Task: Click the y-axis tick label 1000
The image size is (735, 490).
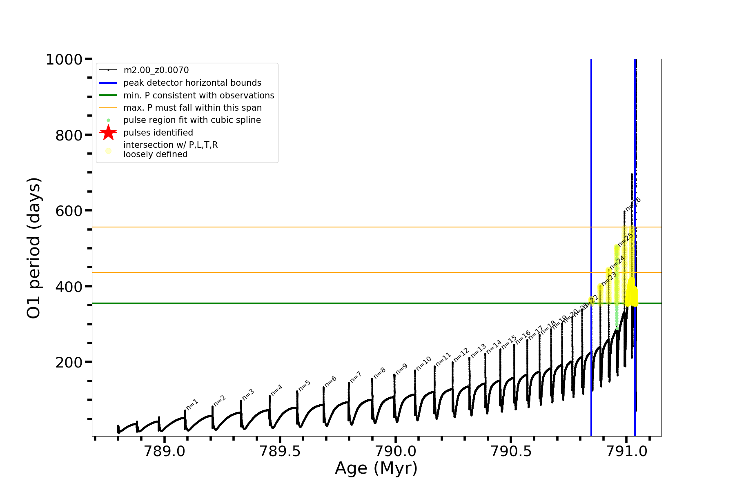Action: (x=64, y=60)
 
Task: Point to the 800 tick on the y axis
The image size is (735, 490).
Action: (x=69, y=136)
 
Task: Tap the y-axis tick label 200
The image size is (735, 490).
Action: (x=69, y=363)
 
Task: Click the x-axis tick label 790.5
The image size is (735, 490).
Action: (x=511, y=451)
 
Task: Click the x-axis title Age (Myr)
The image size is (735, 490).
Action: (x=376, y=468)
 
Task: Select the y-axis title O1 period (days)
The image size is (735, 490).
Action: (x=33, y=248)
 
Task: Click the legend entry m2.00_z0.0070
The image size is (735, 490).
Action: (x=156, y=70)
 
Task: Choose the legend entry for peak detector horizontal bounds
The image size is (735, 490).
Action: (x=192, y=83)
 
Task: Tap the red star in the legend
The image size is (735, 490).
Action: (x=108, y=133)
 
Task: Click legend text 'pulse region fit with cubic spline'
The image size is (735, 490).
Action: (x=192, y=120)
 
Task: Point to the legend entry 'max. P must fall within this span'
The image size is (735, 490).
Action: (x=192, y=108)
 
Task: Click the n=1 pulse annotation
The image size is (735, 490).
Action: (x=192, y=404)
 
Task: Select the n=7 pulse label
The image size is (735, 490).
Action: (x=356, y=376)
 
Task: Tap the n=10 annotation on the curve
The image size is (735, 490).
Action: (x=424, y=363)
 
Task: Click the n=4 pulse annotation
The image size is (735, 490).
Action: (x=277, y=390)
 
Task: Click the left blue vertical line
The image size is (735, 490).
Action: (x=591, y=204)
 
